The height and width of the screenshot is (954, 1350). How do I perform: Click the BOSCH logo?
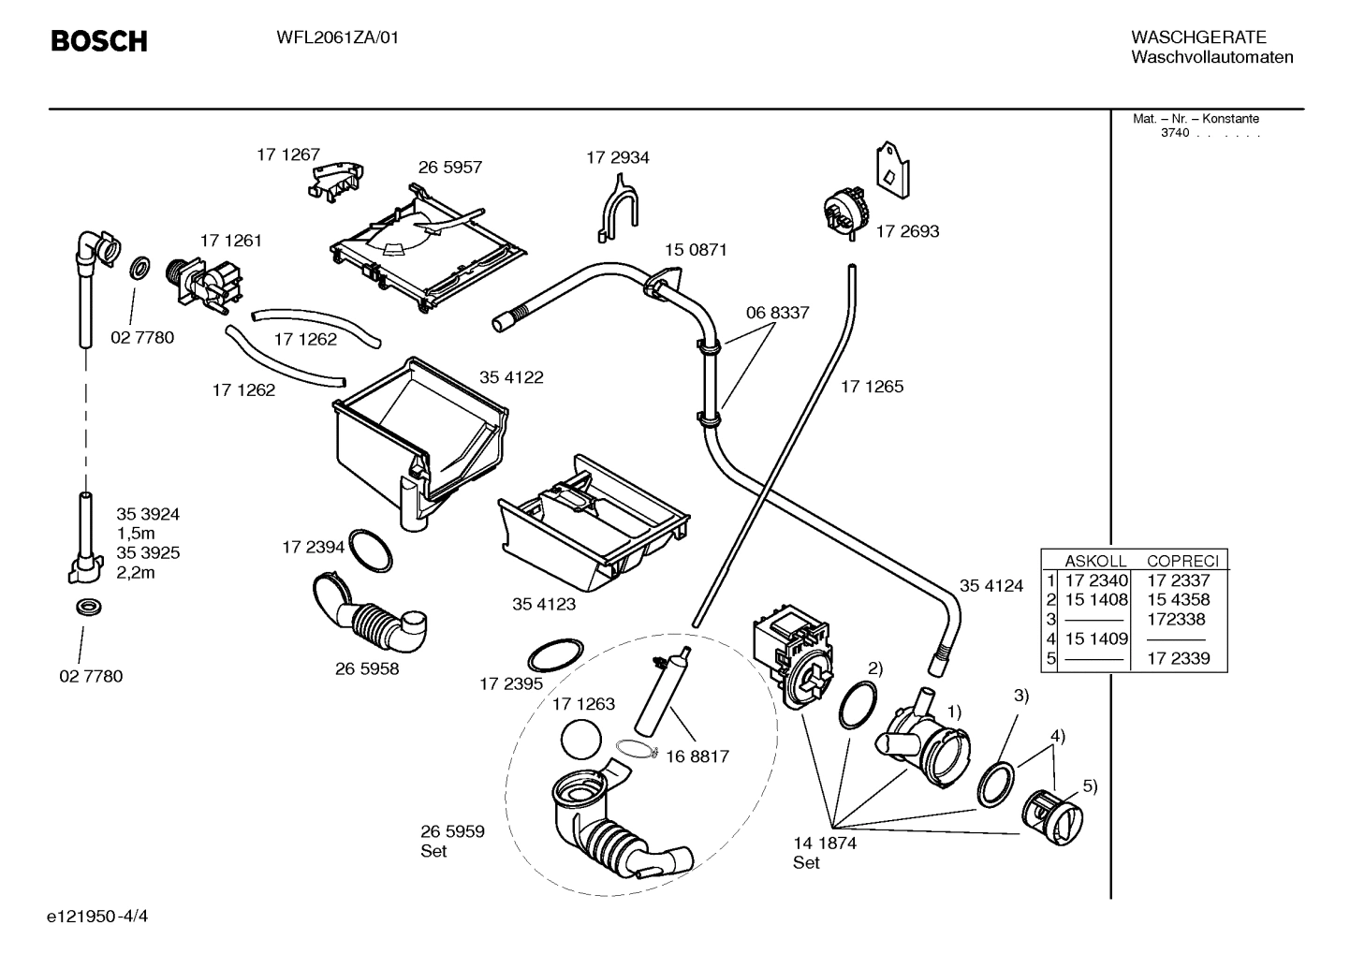pos(98,41)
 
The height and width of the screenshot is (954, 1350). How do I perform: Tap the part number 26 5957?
pos(449,168)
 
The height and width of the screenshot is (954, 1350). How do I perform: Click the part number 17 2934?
pos(617,157)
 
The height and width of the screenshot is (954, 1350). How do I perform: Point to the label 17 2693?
pos(906,231)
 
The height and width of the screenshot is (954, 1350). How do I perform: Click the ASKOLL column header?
pos(1094,561)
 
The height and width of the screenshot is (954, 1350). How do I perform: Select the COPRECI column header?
pos(1182,561)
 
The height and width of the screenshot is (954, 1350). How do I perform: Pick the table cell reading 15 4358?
pos(1178,599)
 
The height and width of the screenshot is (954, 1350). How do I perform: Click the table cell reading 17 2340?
pos(1096,580)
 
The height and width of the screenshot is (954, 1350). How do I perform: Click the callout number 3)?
pos(1020,696)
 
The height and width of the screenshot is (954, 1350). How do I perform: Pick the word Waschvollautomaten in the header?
pos(1211,57)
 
